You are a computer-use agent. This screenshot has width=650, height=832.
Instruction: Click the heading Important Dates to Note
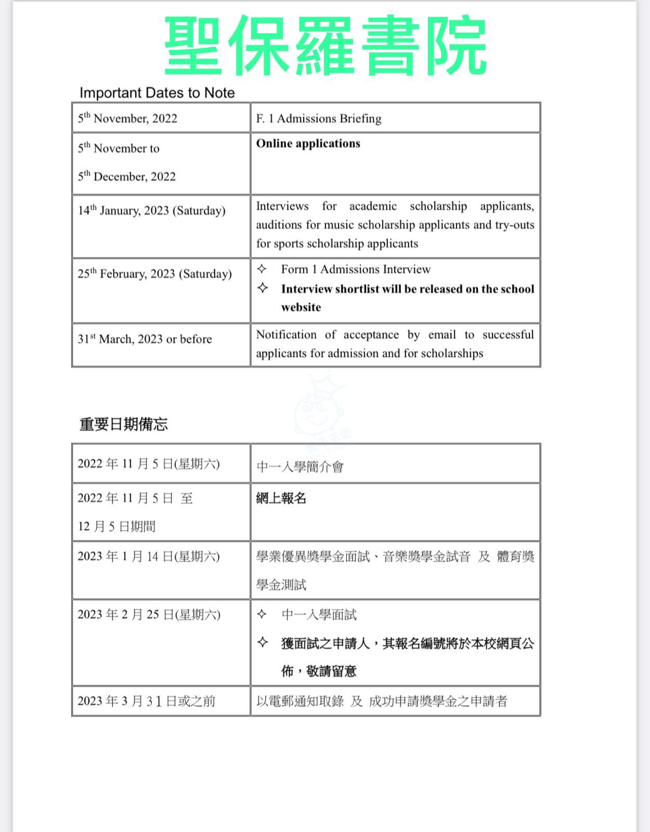click(157, 93)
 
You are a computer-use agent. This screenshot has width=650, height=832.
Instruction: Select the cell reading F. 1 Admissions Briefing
click(319, 119)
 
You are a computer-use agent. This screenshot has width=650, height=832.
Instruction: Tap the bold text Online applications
click(308, 144)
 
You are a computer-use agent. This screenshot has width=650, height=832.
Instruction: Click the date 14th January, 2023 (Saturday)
click(152, 211)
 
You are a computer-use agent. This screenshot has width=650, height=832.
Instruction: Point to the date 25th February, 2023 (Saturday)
click(154, 274)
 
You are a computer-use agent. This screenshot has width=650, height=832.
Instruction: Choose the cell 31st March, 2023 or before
click(145, 339)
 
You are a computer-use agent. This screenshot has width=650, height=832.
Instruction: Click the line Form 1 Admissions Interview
click(356, 269)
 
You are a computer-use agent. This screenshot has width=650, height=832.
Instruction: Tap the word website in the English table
click(301, 307)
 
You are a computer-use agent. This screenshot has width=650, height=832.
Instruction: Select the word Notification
click(286, 335)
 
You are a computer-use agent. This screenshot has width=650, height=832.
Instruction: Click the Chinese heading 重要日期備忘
click(124, 424)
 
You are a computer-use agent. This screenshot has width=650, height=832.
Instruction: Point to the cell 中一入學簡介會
click(300, 467)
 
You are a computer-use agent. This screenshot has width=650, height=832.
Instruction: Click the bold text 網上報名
click(281, 498)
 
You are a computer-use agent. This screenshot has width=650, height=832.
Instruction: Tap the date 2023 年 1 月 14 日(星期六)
click(149, 556)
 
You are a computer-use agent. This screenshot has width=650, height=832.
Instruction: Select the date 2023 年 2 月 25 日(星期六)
click(149, 615)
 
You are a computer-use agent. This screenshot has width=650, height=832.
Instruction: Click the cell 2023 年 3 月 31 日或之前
click(146, 701)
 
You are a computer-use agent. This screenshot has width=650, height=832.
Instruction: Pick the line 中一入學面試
click(319, 615)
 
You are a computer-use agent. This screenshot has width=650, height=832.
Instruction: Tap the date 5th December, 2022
click(127, 177)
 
